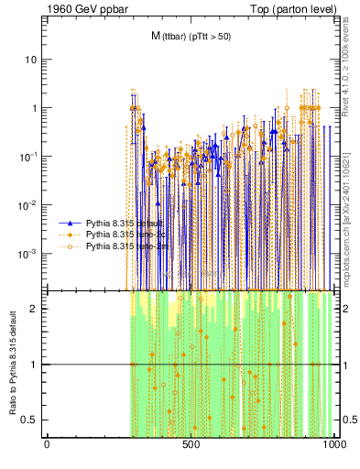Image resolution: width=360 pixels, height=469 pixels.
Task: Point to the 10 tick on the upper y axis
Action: coord(31,60)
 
